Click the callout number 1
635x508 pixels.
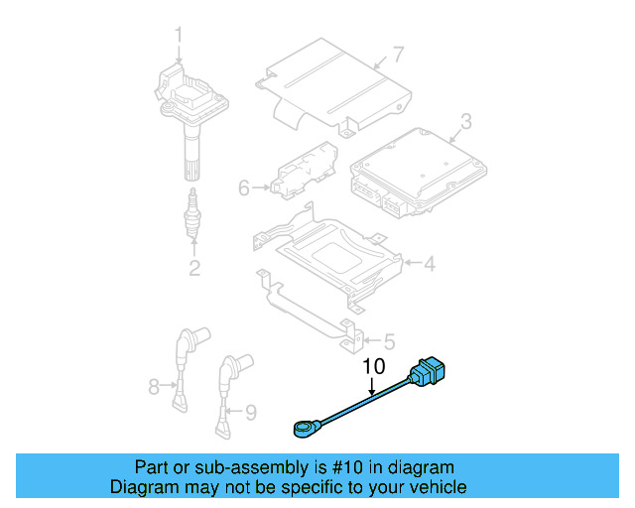coord(180,37)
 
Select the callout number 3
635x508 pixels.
coord(464,123)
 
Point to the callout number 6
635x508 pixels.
coord(244,186)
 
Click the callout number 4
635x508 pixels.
coord(429,264)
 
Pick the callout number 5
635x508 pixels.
coord(388,340)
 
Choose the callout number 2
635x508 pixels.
coord(194,267)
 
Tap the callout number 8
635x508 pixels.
coord(154,385)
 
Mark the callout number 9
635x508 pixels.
coord(250,410)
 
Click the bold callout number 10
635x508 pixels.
coord(372,366)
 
